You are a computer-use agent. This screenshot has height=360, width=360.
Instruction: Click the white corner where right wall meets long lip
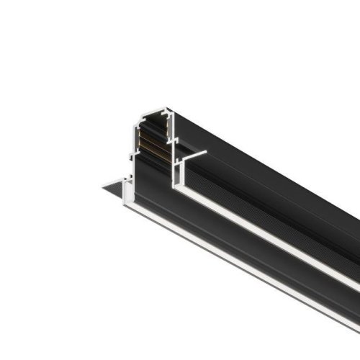click(x=176, y=189)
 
